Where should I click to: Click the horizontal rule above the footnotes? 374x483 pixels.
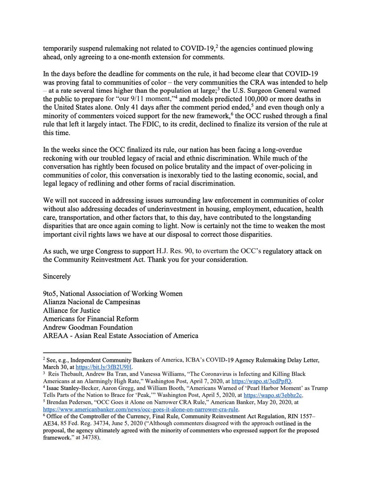[x=87, y=353]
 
